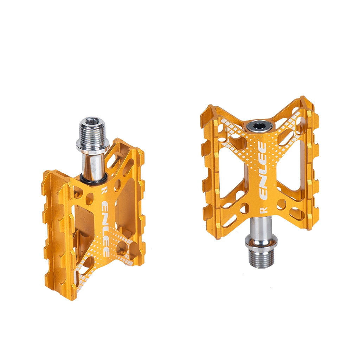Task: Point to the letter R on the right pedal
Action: coord(262,211)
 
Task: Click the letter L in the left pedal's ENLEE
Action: coord(105,229)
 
